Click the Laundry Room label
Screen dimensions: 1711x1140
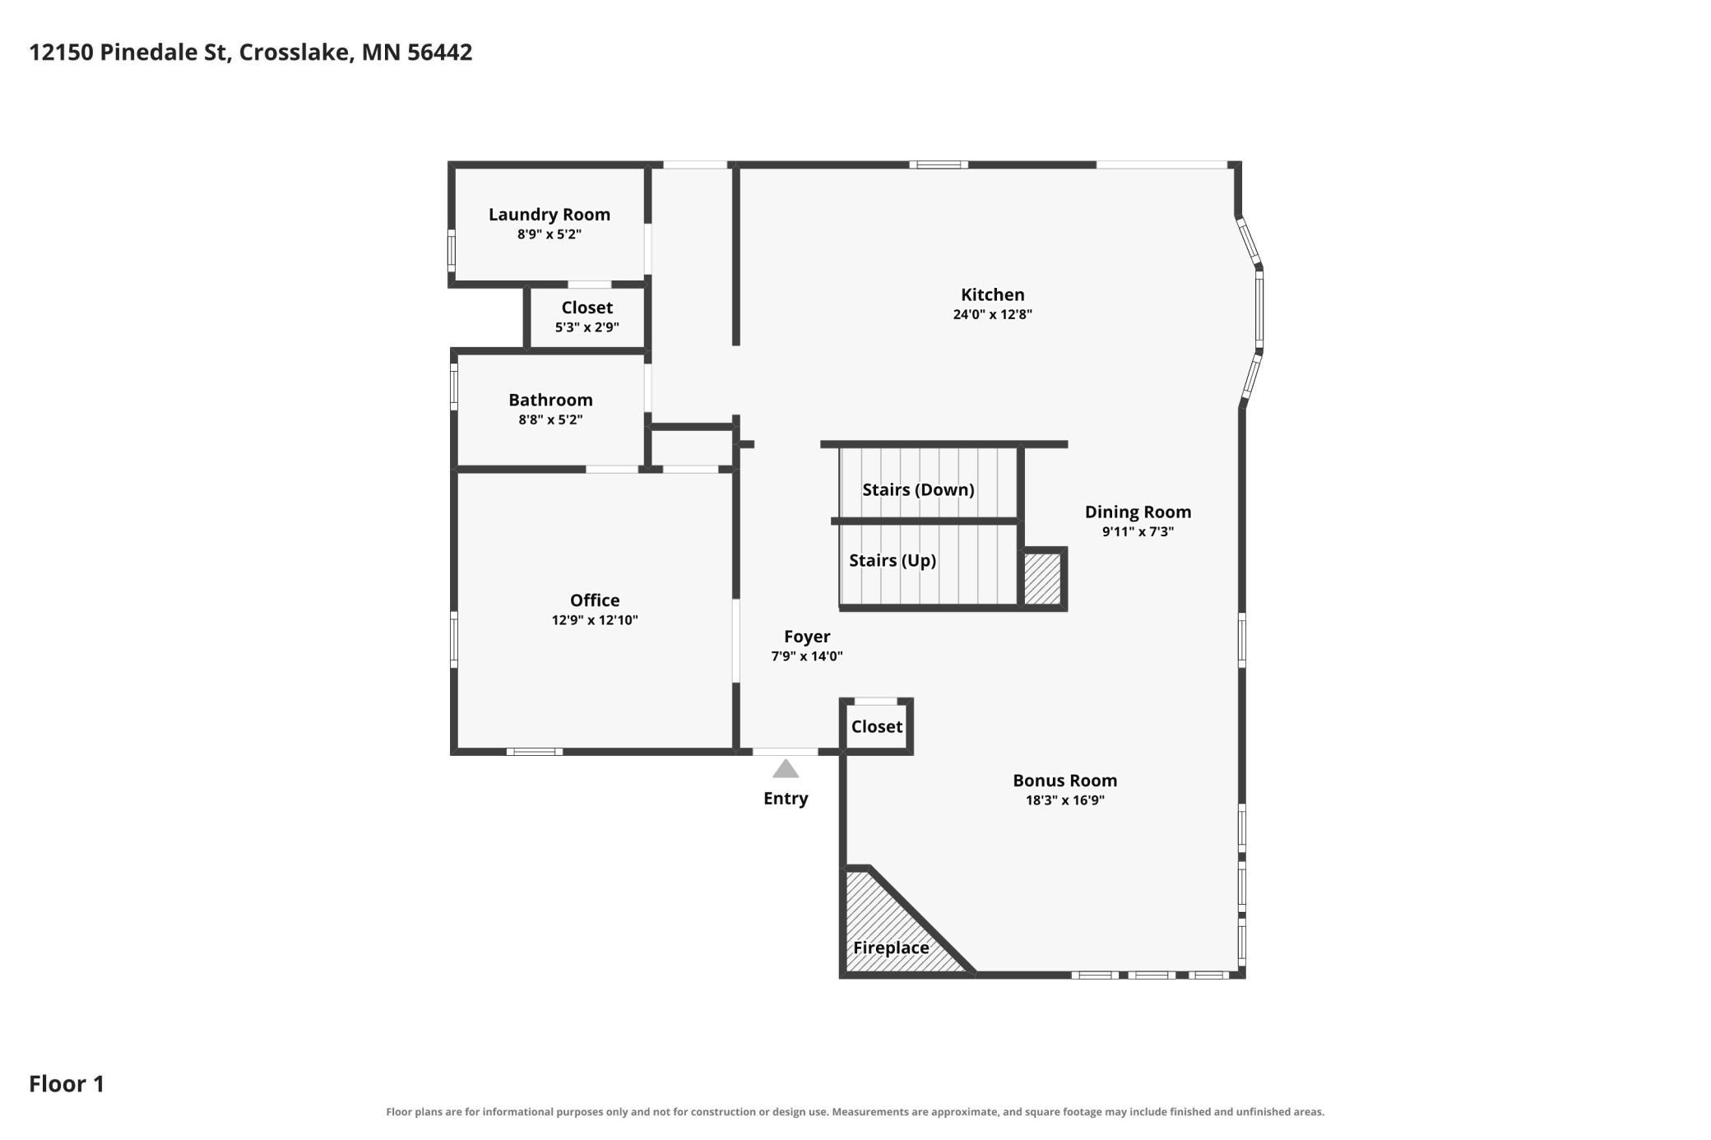[x=549, y=214]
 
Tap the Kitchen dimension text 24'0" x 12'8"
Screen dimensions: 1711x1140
[x=992, y=314]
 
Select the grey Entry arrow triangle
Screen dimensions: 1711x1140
[x=786, y=768]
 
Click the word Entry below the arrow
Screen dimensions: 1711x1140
[x=786, y=798]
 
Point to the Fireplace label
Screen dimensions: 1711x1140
[x=891, y=948]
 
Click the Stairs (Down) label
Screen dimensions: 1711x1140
[x=918, y=489]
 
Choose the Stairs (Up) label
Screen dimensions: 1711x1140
[x=893, y=560]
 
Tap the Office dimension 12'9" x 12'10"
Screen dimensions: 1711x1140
[x=595, y=620]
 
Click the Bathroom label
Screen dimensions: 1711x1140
[x=550, y=400]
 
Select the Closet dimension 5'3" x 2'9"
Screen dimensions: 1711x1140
[x=587, y=327]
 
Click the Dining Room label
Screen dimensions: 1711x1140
[x=1138, y=512]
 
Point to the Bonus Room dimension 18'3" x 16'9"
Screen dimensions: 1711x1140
[x=1064, y=800]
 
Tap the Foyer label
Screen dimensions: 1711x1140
[x=807, y=637]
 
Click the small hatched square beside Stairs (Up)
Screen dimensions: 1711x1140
[x=1042, y=579]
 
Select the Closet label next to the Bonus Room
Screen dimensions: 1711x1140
[x=876, y=726]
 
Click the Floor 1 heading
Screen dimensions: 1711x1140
[x=67, y=1083]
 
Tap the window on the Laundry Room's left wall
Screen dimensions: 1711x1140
[x=451, y=251]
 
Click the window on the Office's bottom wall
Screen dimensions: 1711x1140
[x=535, y=752]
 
